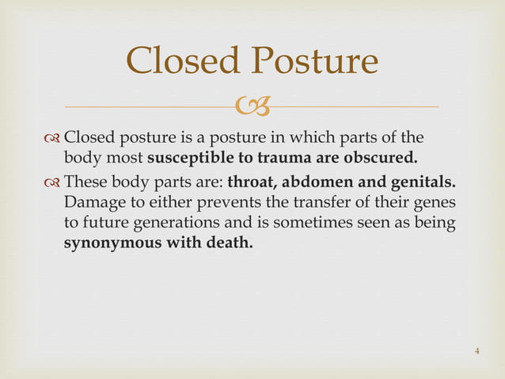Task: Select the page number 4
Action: click(x=477, y=351)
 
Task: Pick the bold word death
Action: click(x=229, y=243)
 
